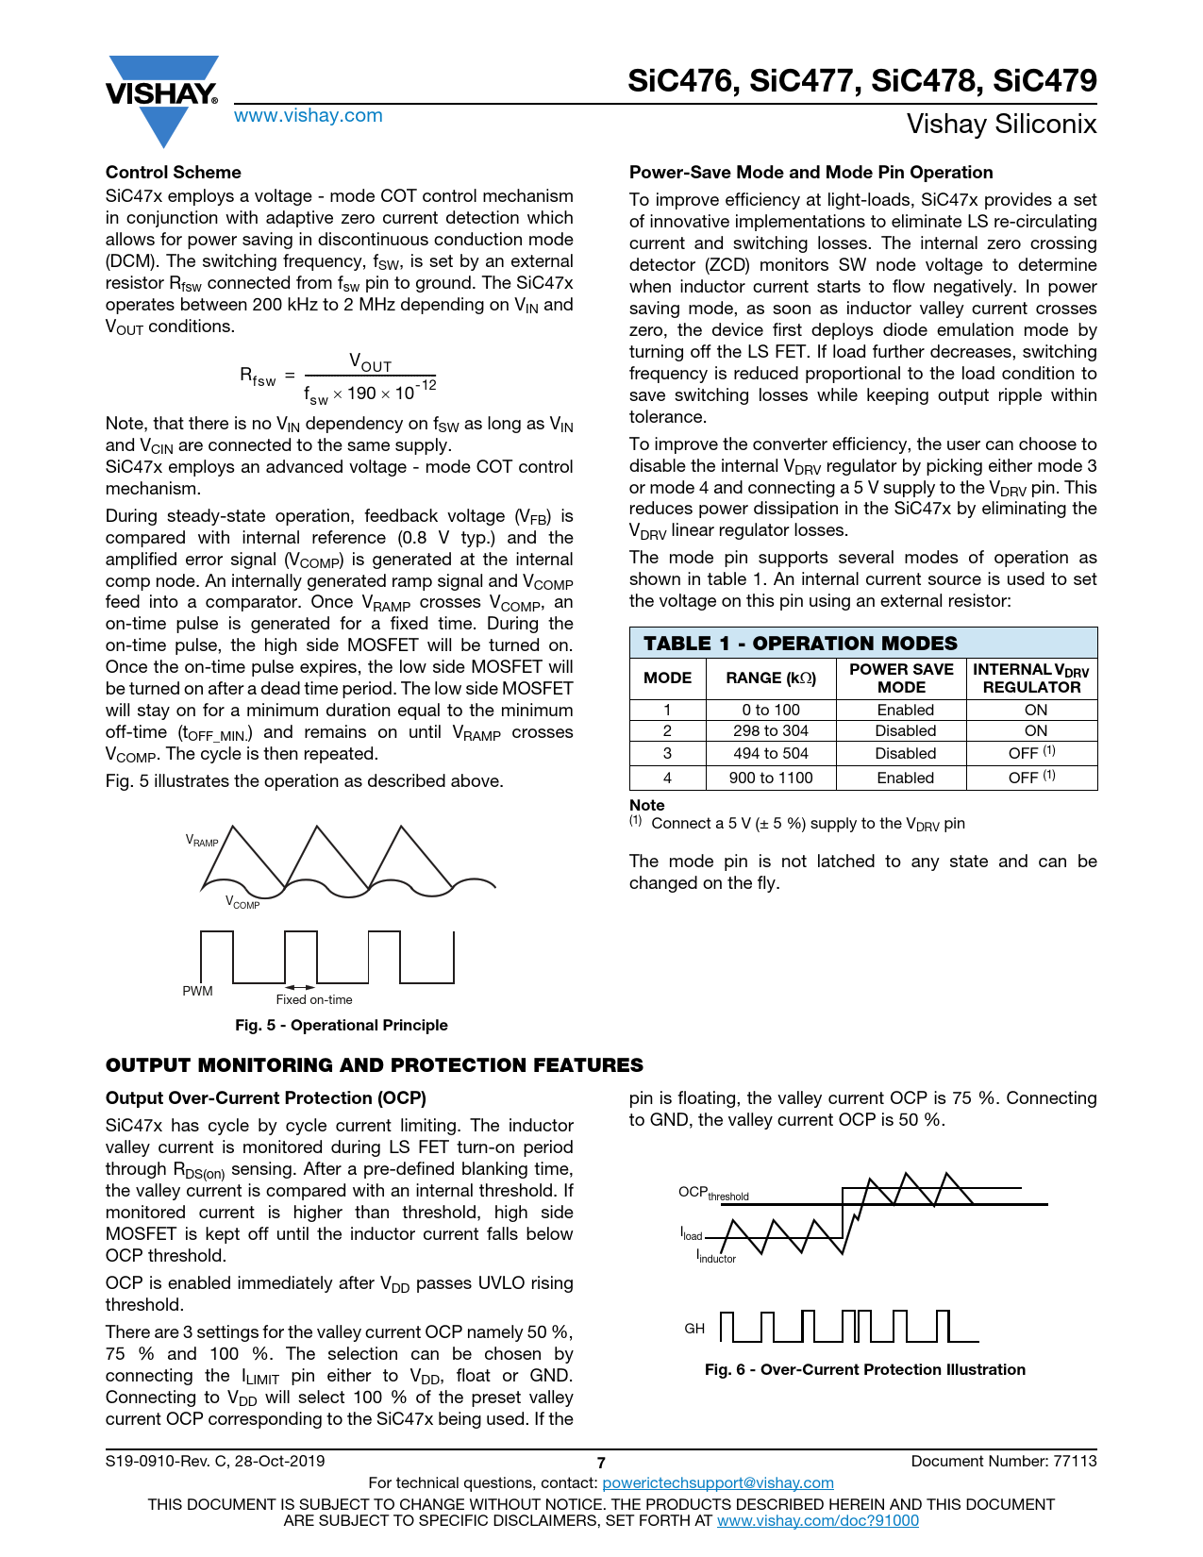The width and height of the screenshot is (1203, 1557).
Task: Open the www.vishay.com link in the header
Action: (x=309, y=116)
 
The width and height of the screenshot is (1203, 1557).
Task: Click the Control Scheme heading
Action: (x=174, y=173)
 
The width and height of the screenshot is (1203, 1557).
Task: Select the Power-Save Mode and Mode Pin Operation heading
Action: (x=810, y=173)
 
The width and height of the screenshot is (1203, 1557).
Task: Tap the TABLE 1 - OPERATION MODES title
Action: (x=800, y=644)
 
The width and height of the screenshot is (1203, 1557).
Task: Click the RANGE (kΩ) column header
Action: (x=771, y=678)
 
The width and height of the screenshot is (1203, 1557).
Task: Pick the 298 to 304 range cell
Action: (x=771, y=731)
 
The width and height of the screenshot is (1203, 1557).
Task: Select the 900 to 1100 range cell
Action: (x=771, y=778)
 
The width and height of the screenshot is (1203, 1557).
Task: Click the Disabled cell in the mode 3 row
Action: (x=905, y=754)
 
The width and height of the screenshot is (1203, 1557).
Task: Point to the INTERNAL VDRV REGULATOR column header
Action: (x=1031, y=678)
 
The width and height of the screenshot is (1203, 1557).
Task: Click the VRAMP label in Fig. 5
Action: (x=202, y=841)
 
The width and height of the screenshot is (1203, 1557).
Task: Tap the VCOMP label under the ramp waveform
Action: (x=242, y=903)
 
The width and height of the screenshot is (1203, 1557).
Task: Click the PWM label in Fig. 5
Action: (x=197, y=992)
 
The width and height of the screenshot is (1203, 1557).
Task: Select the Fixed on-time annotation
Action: (x=314, y=1000)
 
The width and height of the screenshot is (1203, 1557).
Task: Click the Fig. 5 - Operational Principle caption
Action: (x=342, y=1026)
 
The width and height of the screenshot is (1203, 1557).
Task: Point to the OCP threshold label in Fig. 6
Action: (x=713, y=1194)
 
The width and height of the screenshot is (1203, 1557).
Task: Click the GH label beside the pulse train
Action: (x=694, y=1329)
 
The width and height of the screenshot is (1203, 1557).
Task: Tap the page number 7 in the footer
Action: (x=601, y=1463)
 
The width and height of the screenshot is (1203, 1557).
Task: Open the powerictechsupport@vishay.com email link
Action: (x=718, y=1483)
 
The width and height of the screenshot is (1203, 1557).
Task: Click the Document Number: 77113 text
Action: (x=1004, y=1462)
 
